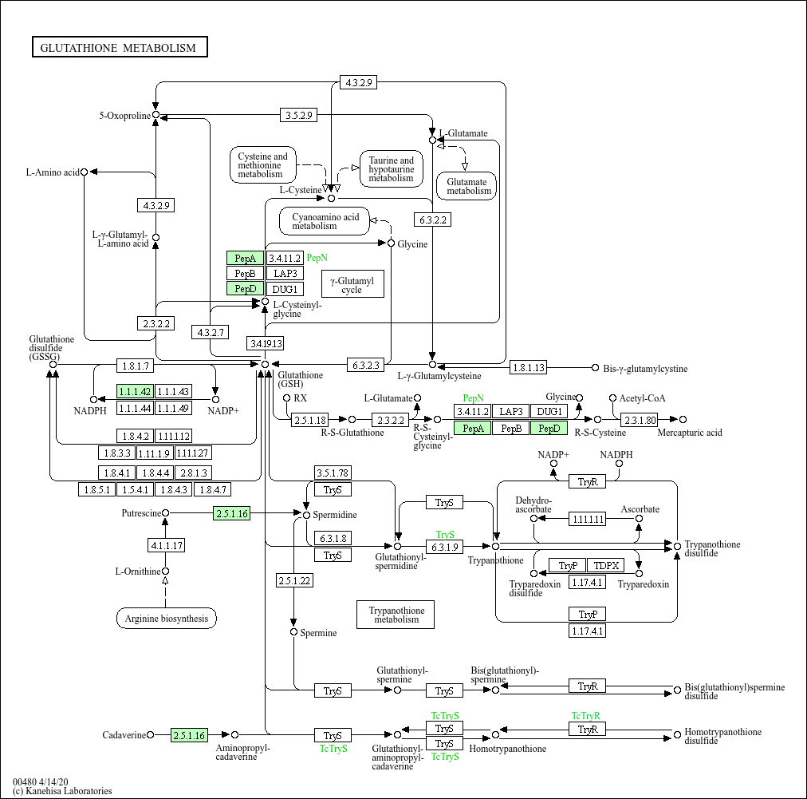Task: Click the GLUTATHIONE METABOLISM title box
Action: (x=120, y=48)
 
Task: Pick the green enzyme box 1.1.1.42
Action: (x=134, y=391)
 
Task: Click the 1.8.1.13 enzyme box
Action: (x=529, y=367)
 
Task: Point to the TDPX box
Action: (x=607, y=566)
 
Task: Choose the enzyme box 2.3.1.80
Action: (x=640, y=419)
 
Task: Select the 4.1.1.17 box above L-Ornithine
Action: (x=166, y=546)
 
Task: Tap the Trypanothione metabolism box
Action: (x=396, y=615)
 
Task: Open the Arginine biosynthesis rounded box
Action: (x=166, y=618)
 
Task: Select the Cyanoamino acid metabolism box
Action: (x=325, y=221)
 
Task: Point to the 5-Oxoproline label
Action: (x=124, y=116)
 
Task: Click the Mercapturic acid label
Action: (x=689, y=433)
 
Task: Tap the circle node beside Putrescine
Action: (x=166, y=512)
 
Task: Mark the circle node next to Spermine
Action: (x=294, y=632)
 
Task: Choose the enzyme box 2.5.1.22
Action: (x=294, y=580)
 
